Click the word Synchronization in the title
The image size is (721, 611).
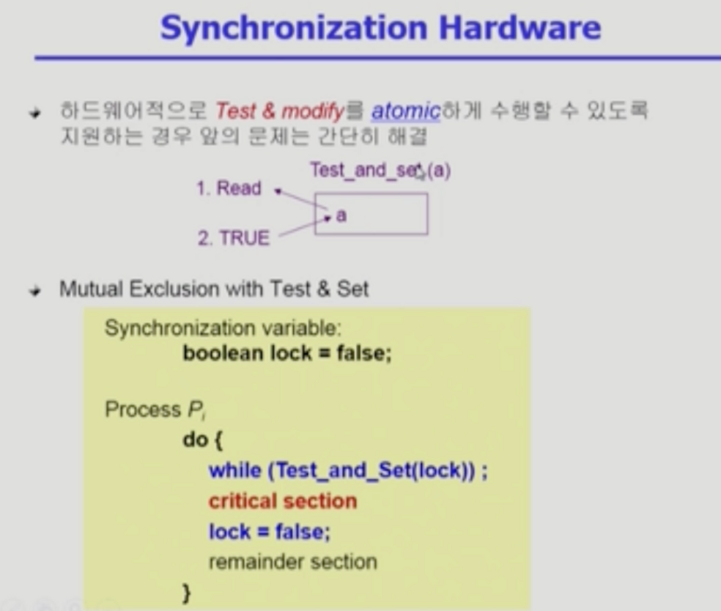click(x=293, y=29)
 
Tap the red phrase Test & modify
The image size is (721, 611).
click(x=279, y=112)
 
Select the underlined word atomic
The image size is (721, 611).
click(x=406, y=112)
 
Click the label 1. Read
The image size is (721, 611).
click(x=228, y=188)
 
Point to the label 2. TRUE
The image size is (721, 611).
click(x=233, y=238)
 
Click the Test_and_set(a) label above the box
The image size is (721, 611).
click(x=380, y=171)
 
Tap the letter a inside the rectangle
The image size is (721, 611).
click(x=341, y=215)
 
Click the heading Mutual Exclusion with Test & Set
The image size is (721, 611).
click(x=214, y=289)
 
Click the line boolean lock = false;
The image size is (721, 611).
click(x=287, y=353)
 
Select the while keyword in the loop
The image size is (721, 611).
click(x=235, y=470)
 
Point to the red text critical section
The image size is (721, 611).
click(x=283, y=501)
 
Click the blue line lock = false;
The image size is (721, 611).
click(x=269, y=531)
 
